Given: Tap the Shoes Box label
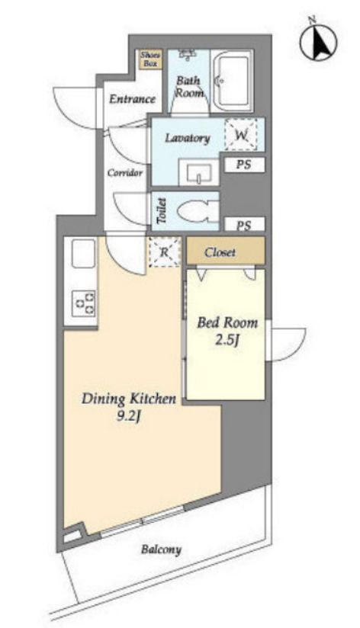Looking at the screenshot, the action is [x=150, y=59].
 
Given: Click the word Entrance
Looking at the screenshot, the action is [x=132, y=99].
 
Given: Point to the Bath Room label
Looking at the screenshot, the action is [x=189, y=86].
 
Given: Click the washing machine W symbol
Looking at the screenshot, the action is [x=240, y=135].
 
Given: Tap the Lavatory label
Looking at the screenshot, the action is [x=188, y=139].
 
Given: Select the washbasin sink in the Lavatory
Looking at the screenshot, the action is [x=199, y=172].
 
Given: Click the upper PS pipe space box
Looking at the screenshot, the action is [x=244, y=165].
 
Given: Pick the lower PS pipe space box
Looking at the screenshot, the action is [x=244, y=225].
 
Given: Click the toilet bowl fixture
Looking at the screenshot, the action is [x=198, y=211].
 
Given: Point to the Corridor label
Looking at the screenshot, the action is [x=124, y=173].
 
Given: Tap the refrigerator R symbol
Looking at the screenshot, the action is [x=165, y=252].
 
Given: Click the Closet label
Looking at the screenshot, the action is [x=220, y=252].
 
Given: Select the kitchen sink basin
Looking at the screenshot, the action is [x=83, y=254].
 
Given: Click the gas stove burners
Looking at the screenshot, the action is [x=84, y=303].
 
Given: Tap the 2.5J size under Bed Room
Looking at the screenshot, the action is [x=227, y=341].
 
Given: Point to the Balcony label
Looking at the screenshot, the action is [x=161, y=549].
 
